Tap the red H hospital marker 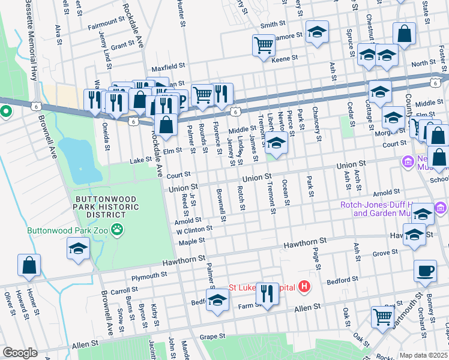304,287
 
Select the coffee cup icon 425,271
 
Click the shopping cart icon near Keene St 264,45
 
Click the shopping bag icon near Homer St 29,265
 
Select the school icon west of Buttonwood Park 78,249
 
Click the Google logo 20,353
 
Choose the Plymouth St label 149,275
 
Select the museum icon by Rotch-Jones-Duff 441,207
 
